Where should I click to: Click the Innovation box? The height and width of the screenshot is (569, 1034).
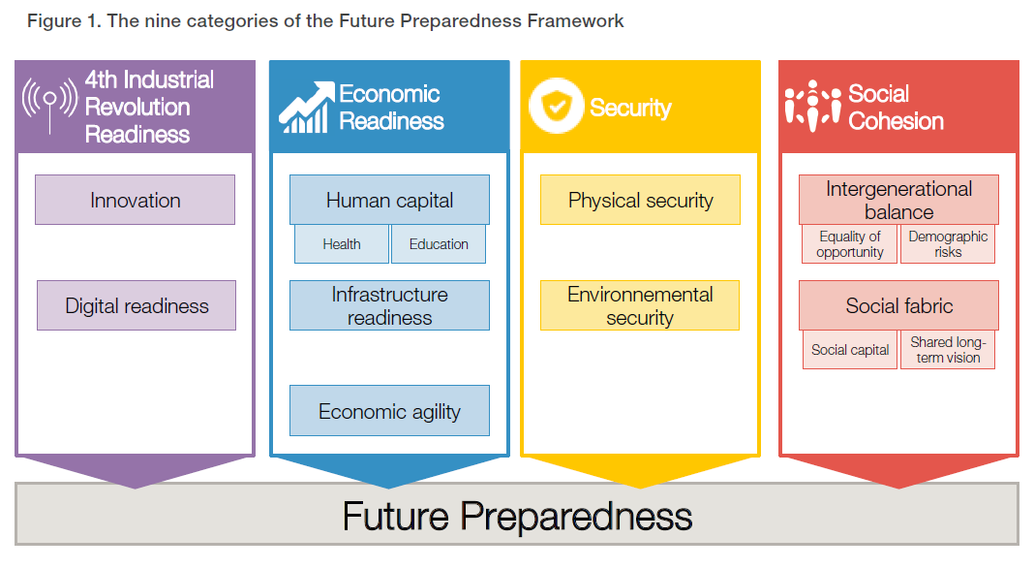tap(135, 200)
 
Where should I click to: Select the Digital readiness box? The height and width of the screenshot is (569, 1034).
tap(137, 305)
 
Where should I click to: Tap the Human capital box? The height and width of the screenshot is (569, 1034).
tap(389, 200)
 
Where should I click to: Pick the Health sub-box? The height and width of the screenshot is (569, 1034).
tap(341, 244)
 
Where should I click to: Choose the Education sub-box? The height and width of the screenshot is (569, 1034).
tap(439, 244)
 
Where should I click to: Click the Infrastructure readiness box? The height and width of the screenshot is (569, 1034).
tap(389, 305)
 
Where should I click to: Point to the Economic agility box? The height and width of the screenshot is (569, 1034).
tap(389, 411)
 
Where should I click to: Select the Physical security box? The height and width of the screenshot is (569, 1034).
tap(640, 200)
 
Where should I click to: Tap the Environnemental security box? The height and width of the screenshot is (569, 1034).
tap(640, 305)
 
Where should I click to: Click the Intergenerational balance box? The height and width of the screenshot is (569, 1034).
tap(898, 200)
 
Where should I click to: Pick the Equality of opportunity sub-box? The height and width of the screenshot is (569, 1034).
tap(850, 244)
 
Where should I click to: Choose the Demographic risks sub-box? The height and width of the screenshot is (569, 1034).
tap(948, 244)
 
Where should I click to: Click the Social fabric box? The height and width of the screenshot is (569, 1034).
tap(898, 305)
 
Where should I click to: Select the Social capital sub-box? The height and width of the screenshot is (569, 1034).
tap(850, 350)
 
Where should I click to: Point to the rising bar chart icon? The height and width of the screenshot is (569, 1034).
tap(306, 108)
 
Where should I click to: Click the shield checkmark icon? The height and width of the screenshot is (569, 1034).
tap(556, 107)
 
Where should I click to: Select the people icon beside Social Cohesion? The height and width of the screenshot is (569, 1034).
tap(812, 106)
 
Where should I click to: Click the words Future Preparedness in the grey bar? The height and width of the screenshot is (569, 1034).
tap(517, 516)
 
